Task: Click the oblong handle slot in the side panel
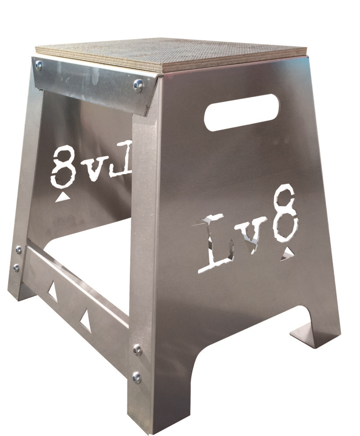click(x=241, y=112)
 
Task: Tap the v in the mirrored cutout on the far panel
click(x=91, y=168)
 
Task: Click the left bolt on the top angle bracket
click(x=39, y=65)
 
